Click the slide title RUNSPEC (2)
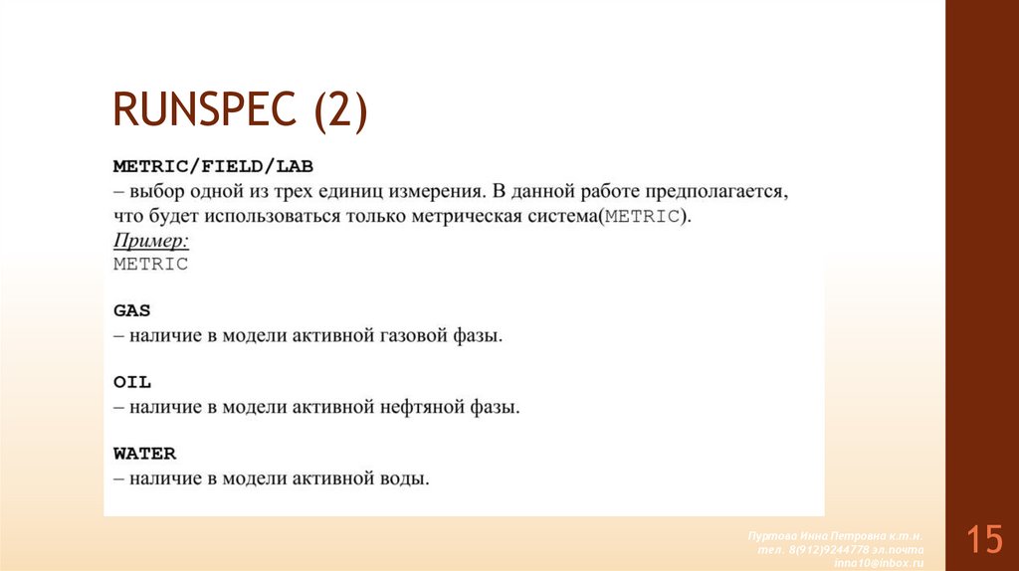[240, 110]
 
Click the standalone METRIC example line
[150, 265]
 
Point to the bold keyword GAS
[131, 310]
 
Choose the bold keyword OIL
[131, 382]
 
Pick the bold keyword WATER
[144, 454]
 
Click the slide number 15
[983, 540]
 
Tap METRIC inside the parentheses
[642, 216]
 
